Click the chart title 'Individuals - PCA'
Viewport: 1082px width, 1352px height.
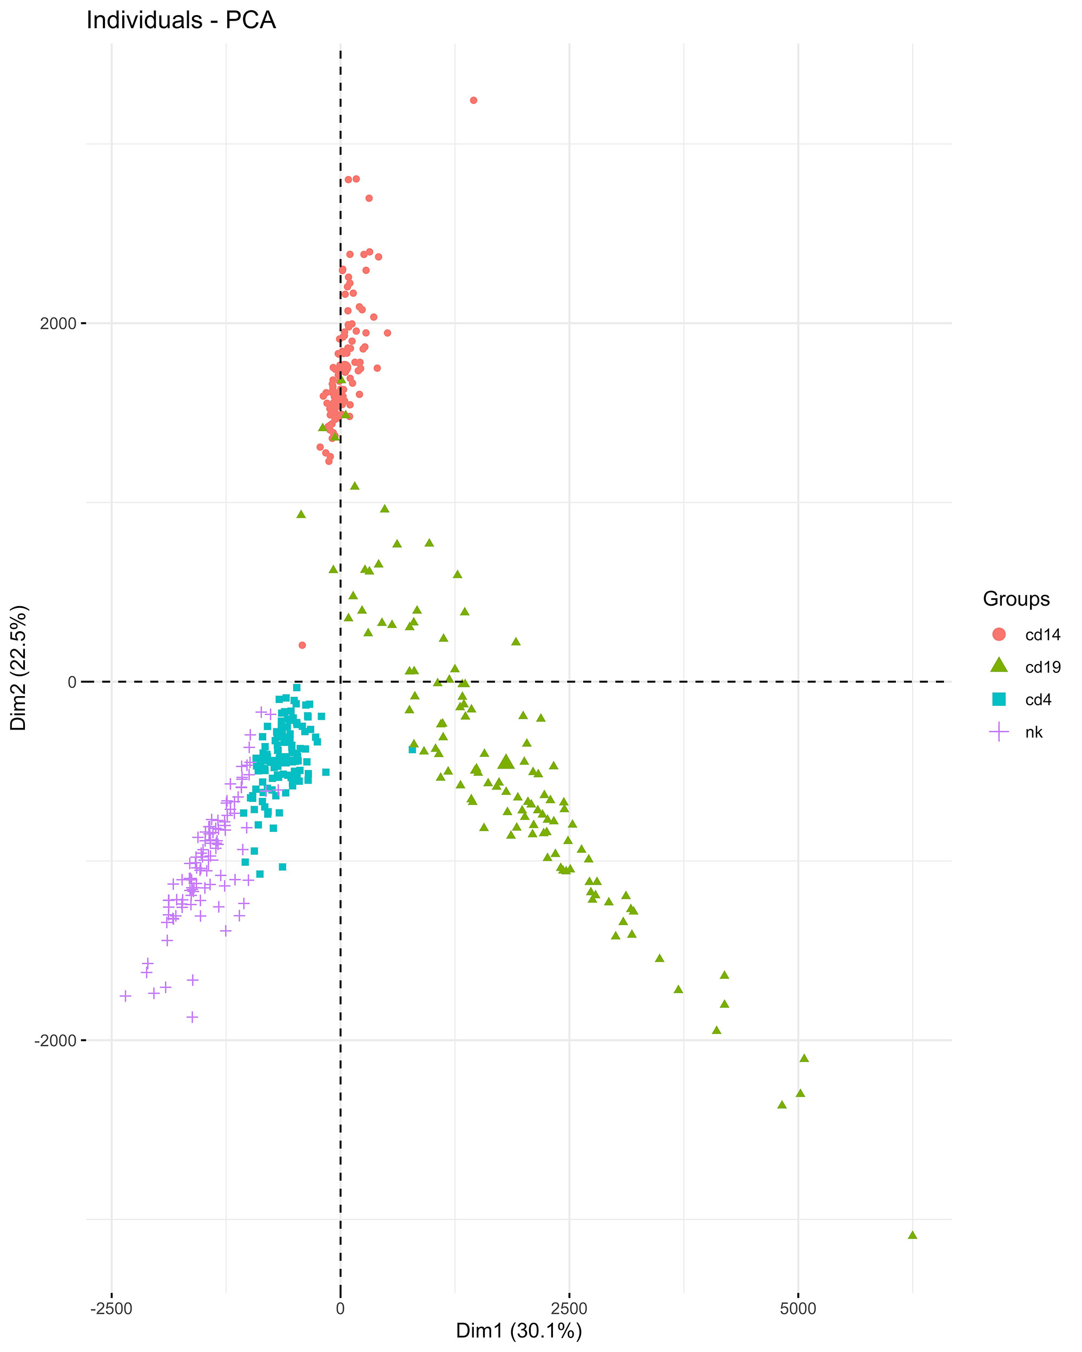point(181,21)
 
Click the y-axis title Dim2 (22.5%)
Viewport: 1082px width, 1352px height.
point(19,668)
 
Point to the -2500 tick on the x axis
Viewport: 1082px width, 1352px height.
point(111,1309)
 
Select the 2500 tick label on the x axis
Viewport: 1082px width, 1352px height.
point(569,1309)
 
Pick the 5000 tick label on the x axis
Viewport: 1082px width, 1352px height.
point(798,1309)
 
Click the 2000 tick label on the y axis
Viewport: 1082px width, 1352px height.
point(58,323)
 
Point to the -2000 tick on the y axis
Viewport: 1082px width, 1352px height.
point(55,1041)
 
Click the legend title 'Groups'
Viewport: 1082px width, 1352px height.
point(1016,599)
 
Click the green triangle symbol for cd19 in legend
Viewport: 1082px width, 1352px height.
point(999,666)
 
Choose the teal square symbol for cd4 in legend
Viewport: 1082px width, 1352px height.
point(999,699)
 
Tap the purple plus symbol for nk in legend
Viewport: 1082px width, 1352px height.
point(999,732)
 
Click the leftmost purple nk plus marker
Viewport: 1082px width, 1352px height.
point(126,996)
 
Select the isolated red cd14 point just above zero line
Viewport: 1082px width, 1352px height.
point(302,645)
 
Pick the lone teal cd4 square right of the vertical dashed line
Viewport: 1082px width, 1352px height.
point(412,750)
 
